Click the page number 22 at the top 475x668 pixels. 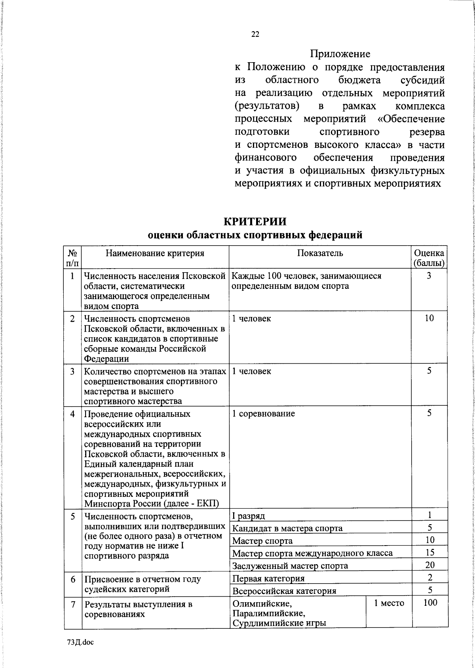click(255, 34)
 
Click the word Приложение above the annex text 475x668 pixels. click(340, 53)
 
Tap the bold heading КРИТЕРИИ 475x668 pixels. click(255, 221)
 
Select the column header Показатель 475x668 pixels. click(320, 253)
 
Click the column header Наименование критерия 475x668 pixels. click(155, 253)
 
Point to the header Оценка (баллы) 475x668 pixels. click(429, 258)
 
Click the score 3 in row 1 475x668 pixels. click(429, 276)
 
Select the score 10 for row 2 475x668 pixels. click(429, 318)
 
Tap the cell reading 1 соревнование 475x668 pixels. click(263, 414)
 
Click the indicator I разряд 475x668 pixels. click(249, 516)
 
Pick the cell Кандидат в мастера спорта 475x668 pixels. click(287, 528)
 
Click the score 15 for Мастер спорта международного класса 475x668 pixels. click(429, 552)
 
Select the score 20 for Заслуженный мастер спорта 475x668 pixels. click(429, 565)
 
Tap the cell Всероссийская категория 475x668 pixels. click(284, 591)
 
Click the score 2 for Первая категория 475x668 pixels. click(429, 577)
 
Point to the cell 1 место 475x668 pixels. click(389, 603)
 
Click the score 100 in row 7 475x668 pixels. click(430, 603)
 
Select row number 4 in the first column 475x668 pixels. click(72, 414)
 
